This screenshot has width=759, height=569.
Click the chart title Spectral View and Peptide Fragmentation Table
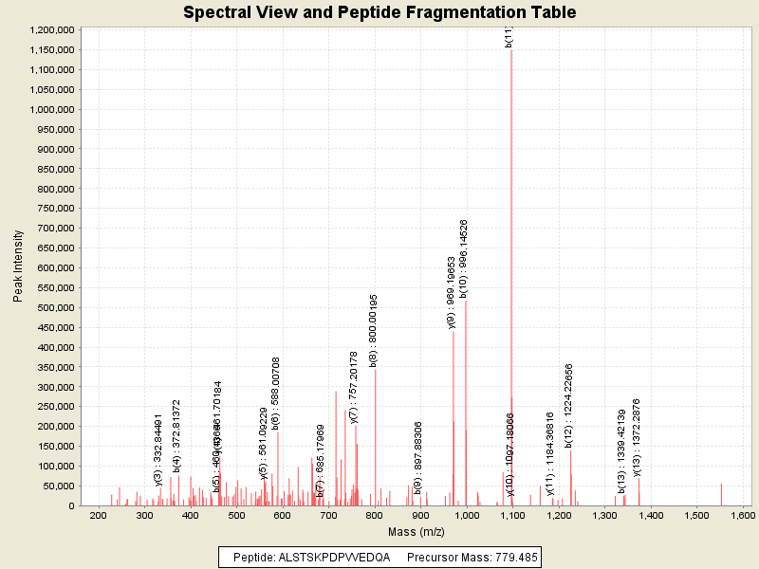[379, 12]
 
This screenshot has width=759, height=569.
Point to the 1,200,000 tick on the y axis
[52, 29]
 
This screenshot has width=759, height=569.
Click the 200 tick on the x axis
[98, 515]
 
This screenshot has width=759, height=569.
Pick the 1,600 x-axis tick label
[743, 515]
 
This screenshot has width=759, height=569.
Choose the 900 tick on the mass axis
[420, 515]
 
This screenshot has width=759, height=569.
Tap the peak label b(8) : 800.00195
[374, 330]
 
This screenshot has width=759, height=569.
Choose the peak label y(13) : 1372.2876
[637, 436]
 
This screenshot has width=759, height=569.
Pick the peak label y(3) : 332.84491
[158, 450]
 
